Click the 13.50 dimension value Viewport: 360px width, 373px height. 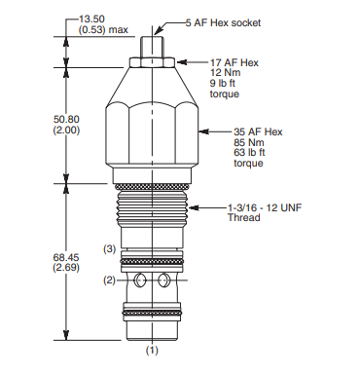point(91,19)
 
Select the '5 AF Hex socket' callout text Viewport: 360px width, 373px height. point(223,22)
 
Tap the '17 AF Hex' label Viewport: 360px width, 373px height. point(234,62)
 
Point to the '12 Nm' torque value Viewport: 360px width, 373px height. point(225,73)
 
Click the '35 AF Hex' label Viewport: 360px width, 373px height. point(258,131)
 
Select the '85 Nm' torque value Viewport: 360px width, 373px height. point(249,142)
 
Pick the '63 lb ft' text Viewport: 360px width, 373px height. point(249,152)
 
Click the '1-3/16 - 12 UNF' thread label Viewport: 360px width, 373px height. point(265,207)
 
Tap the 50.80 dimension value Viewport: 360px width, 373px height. point(66,119)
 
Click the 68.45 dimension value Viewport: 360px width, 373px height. point(66,257)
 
